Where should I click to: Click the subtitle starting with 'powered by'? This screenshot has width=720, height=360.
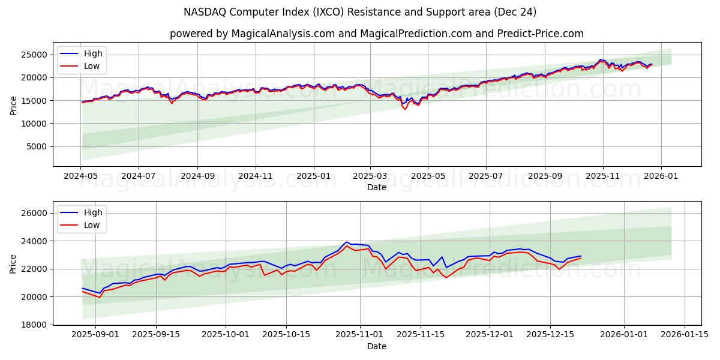(376, 34)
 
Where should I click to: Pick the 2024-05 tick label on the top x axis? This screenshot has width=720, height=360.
(80, 176)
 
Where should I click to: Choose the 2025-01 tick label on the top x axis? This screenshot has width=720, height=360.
(314, 176)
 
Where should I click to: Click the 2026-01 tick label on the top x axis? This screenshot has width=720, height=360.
(661, 176)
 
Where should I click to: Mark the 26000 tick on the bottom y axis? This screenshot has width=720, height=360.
(35, 214)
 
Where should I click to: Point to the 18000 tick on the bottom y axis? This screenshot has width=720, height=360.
(35, 325)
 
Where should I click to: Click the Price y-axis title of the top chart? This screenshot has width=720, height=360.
(14, 104)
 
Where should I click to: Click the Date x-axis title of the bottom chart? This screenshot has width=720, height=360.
(376, 346)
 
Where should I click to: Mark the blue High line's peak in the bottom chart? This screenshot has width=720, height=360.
(347, 242)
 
